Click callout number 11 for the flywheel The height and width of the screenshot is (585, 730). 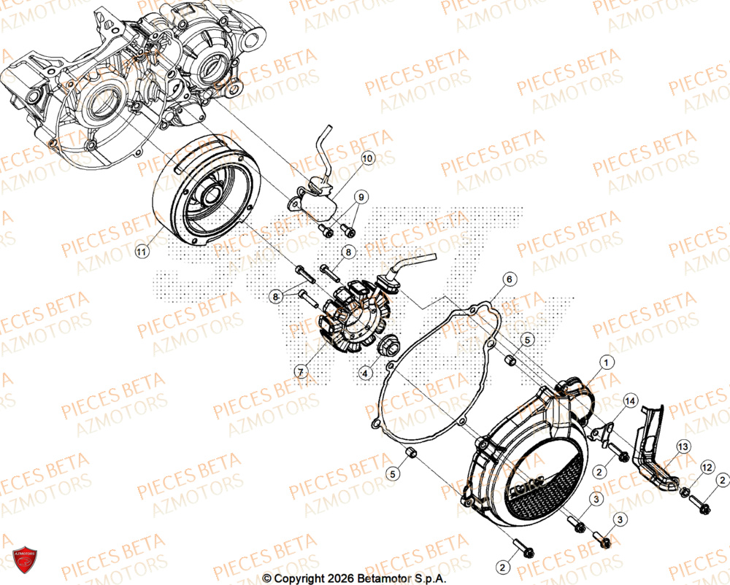tap(140, 252)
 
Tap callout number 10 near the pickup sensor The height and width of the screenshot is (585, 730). tap(366, 158)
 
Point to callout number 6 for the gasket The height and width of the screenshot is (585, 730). tap(510, 279)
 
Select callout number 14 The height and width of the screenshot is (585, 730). tap(630, 400)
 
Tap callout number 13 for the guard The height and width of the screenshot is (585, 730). tap(683, 446)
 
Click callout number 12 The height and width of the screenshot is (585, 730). tap(707, 465)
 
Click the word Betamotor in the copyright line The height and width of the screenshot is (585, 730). tap(391, 578)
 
